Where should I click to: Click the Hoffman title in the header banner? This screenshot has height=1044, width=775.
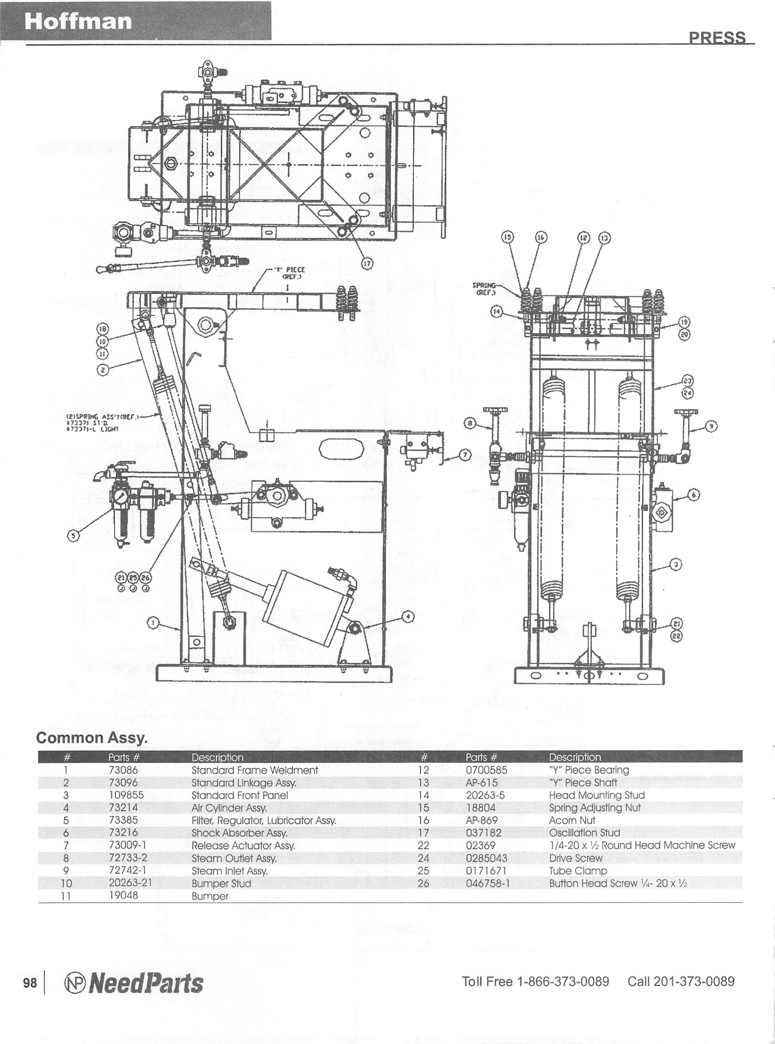coord(78,22)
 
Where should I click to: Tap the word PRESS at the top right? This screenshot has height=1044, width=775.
coord(717,38)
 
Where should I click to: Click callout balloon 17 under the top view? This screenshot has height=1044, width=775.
coord(368,265)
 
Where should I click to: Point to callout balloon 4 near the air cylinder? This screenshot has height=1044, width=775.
coord(408,616)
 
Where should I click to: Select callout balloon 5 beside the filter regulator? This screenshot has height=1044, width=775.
coord(74,536)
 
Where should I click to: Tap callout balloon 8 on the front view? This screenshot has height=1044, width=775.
coord(470,424)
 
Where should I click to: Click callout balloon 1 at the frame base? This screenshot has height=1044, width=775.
coord(153,623)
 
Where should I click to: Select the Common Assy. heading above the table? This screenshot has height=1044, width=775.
coord(92,738)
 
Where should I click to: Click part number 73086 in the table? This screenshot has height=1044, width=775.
coord(123,770)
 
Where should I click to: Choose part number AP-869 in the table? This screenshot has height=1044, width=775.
coord(481,820)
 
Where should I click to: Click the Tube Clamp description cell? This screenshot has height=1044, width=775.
coord(578,871)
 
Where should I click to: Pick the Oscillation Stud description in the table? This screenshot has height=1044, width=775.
coord(584,832)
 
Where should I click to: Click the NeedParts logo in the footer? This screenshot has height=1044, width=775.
coord(134,983)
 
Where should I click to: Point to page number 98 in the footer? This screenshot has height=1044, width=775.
coord(30,983)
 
